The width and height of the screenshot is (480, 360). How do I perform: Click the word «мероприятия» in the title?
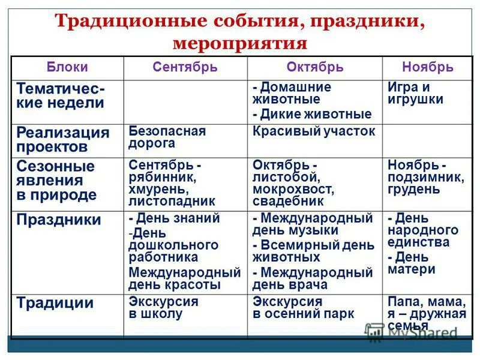(239, 44)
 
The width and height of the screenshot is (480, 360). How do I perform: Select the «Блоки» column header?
(67, 67)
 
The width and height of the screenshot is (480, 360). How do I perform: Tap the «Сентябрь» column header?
(185, 67)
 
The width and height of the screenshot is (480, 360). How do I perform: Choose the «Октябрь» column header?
(314, 67)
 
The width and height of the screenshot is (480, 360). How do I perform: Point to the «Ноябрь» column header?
(427, 67)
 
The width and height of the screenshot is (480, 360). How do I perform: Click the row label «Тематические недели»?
(60, 95)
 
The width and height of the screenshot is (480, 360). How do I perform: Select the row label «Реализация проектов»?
(62, 140)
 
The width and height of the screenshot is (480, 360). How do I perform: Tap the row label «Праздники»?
(58, 220)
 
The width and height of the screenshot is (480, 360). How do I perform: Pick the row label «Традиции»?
(55, 303)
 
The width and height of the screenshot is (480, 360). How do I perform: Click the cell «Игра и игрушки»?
(415, 93)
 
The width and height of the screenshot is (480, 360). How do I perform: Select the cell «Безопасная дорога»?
(167, 137)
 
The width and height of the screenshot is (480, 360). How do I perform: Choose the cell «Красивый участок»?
(314, 131)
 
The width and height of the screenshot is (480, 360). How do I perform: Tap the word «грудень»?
(413, 190)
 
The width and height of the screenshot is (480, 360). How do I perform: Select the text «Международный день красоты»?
(184, 278)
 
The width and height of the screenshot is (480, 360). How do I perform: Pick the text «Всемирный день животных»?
(313, 251)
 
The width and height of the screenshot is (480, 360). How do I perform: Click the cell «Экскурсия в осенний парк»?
(303, 307)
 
